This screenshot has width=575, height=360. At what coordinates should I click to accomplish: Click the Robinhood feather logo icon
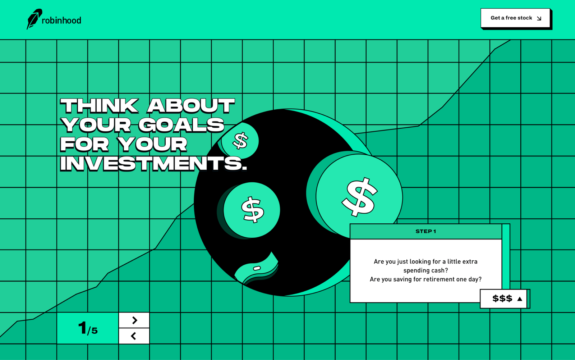(34, 19)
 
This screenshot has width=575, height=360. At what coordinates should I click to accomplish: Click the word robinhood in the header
(61, 20)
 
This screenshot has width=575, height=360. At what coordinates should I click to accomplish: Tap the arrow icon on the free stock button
(539, 18)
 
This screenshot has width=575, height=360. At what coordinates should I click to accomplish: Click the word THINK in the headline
(99, 106)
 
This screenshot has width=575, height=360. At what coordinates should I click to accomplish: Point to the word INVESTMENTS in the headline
(153, 163)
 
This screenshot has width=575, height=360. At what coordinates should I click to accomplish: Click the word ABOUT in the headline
(191, 106)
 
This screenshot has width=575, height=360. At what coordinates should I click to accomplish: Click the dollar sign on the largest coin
(360, 197)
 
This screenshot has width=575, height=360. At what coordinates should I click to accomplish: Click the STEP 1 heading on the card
(425, 231)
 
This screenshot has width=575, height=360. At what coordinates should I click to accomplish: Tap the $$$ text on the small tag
(502, 299)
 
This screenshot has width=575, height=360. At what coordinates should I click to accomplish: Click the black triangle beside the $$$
(520, 299)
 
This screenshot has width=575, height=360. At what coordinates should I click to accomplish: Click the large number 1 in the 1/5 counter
(82, 328)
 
